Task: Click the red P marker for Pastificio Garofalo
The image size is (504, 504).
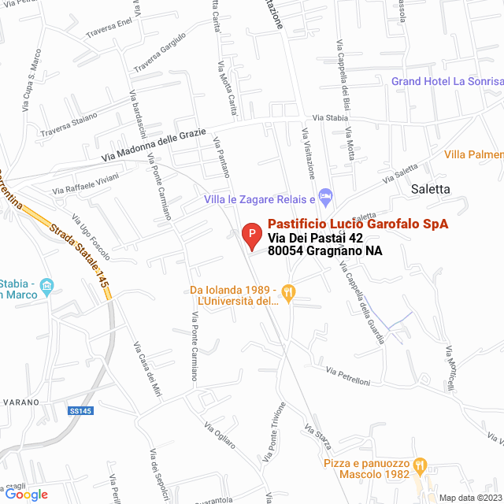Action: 250,233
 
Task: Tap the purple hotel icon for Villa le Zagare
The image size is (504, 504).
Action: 324,195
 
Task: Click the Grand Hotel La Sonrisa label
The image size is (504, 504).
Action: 447,81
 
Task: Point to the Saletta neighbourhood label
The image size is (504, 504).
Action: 431,189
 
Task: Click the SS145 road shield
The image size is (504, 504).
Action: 80,410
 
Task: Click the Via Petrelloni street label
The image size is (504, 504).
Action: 348,376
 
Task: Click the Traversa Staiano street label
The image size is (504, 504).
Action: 69,123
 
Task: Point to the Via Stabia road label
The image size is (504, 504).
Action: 329,117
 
